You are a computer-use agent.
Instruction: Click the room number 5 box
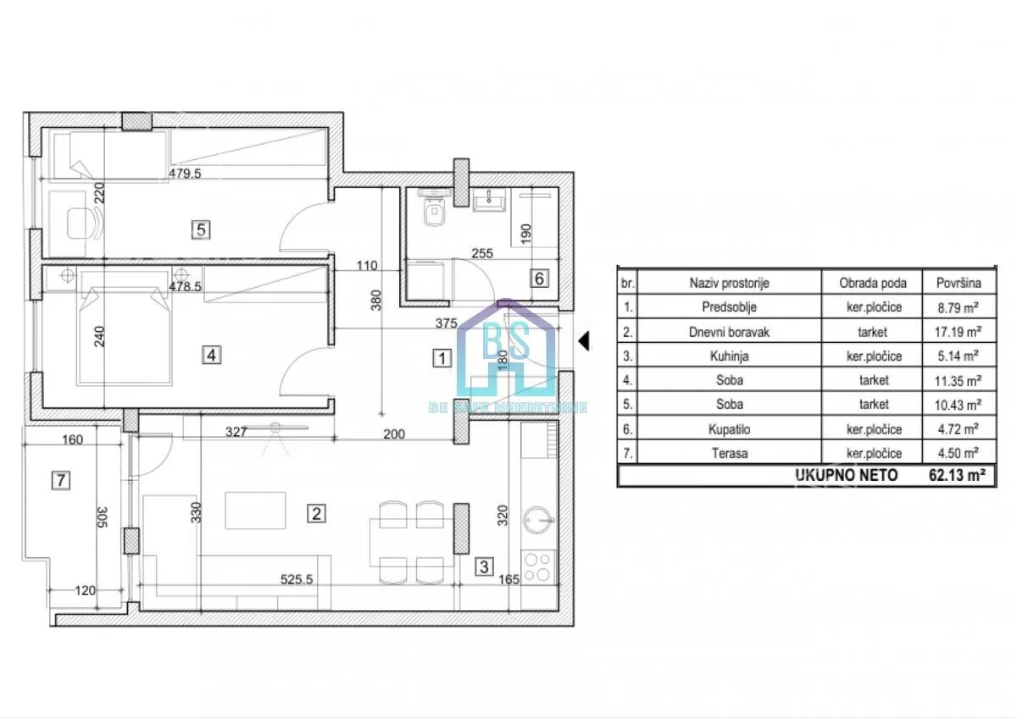click(x=201, y=230)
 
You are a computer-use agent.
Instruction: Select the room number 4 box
click(x=211, y=355)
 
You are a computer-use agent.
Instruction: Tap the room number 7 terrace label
click(x=61, y=480)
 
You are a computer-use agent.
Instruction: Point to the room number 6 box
click(x=539, y=278)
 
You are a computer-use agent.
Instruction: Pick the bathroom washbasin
click(x=489, y=200)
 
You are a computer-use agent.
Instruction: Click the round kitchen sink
click(x=538, y=520)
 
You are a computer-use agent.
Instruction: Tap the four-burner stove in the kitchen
click(x=538, y=567)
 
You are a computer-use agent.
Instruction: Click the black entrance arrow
click(x=584, y=340)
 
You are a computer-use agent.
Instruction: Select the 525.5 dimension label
click(x=297, y=579)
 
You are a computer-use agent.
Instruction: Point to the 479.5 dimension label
click(x=185, y=174)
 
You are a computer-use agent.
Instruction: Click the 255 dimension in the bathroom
click(x=482, y=253)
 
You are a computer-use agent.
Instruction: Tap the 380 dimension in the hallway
click(x=376, y=300)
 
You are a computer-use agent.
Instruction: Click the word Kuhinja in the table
click(x=729, y=356)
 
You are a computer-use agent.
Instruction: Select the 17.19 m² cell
click(x=958, y=332)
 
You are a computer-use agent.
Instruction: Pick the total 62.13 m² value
click(x=957, y=475)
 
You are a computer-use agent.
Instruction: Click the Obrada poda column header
click(x=873, y=283)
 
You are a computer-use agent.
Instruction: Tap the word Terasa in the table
click(x=730, y=453)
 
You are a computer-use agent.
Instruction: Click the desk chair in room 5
click(x=85, y=224)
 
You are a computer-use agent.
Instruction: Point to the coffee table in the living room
click(x=255, y=511)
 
